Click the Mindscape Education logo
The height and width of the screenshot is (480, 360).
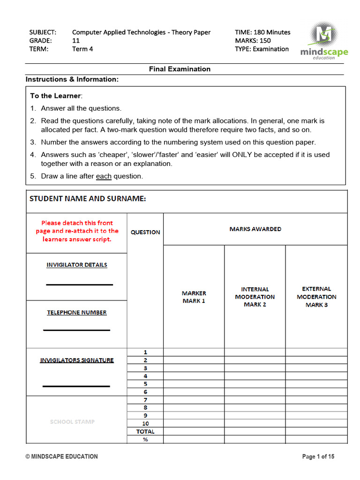pyautogui.click(x=324, y=41)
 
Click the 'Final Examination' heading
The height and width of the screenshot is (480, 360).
pyautogui.click(x=180, y=69)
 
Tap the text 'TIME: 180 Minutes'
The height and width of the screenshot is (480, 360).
pyautogui.click(x=262, y=32)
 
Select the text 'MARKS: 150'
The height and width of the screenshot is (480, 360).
pyautogui.click(x=253, y=41)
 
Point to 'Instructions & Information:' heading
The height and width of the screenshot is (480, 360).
pyautogui.click(x=72, y=79)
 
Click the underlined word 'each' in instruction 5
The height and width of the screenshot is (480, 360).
pyautogui.click(x=104, y=176)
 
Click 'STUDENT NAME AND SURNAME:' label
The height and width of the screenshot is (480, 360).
pyautogui.click(x=88, y=199)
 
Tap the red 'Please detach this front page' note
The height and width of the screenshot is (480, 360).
pyautogui.click(x=77, y=231)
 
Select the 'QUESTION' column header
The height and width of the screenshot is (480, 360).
pyautogui.click(x=145, y=232)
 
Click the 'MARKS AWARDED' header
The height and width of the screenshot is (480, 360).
pyautogui.click(x=255, y=229)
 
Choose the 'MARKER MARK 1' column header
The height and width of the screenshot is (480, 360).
pyautogui.click(x=194, y=297)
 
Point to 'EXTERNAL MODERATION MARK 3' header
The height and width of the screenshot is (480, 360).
pyautogui.click(x=316, y=297)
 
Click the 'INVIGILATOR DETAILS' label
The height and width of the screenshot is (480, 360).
pyautogui.click(x=77, y=265)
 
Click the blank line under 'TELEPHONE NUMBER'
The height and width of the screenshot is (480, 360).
pyautogui.click(x=76, y=330)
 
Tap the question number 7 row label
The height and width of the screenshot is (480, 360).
pyautogui.click(x=145, y=400)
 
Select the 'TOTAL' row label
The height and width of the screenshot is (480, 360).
pyautogui.click(x=145, y=431)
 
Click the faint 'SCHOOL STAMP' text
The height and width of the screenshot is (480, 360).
pyautogui.click(x=72, y=421)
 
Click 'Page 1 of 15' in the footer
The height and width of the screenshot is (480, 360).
pyautogui.click(x=318, y=457)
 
